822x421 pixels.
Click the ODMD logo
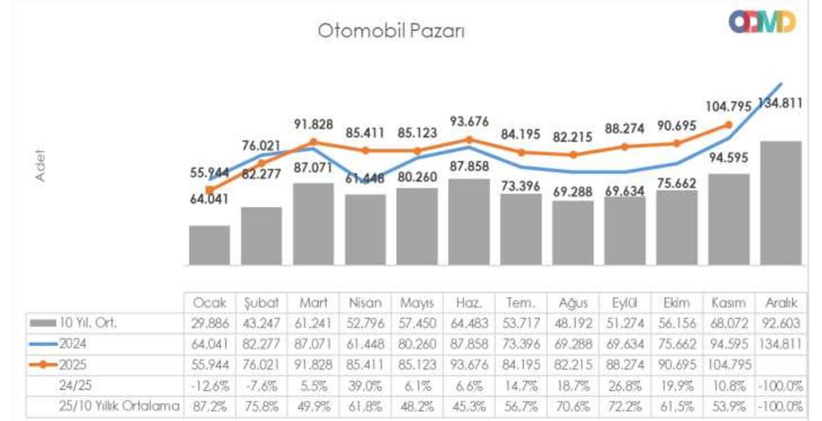(762, 22)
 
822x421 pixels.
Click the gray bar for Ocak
(210, 245)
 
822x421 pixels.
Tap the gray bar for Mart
(313, 224)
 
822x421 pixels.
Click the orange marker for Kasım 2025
(729, 125)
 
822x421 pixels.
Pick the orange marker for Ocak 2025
(210, 190)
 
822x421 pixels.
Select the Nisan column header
(365, 303)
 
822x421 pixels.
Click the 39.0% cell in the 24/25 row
(365, 385)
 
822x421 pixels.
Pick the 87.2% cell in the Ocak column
(210, 406)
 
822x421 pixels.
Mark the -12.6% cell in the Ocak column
(210, 385)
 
